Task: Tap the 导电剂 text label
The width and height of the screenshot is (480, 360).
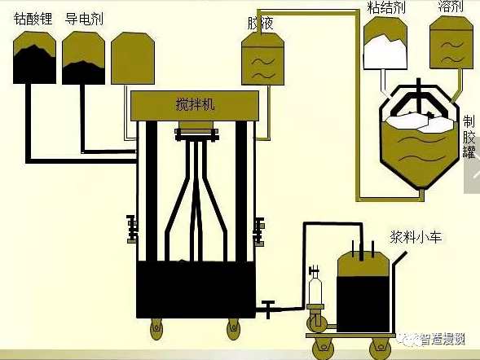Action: tap(84, 18)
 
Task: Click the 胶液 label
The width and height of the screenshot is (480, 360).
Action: tap(260, 24)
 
